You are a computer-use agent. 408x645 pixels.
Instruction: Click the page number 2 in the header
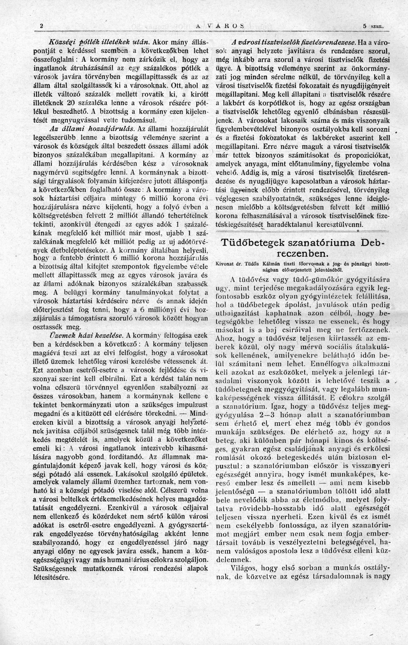tap(42, 26)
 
